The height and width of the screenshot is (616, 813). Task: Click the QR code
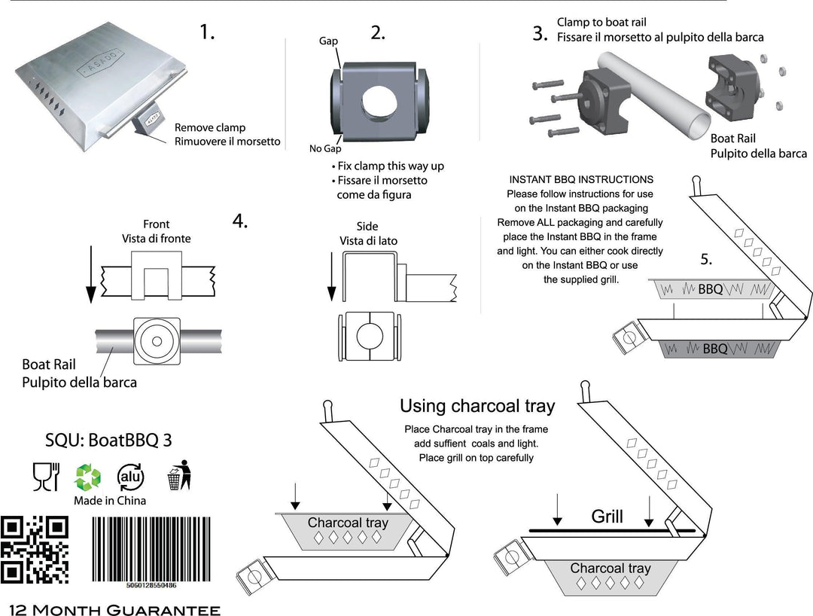35,550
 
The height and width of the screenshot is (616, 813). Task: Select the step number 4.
240,221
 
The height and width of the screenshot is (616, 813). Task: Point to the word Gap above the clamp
329,41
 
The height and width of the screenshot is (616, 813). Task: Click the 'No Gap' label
325,148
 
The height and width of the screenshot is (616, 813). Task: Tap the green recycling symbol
87,477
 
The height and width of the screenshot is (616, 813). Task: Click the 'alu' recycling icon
130,477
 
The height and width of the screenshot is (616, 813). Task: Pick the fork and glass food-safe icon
44,476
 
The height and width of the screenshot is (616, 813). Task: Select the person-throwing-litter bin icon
178,475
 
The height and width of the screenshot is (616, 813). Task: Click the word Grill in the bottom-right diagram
607,517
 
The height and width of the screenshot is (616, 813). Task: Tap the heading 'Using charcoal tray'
477,407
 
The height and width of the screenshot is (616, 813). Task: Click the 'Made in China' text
110,501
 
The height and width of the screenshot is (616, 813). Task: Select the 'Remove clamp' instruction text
210,127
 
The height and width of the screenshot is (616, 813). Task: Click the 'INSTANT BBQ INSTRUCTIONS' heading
581,180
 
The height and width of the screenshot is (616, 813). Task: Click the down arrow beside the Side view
330,278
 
